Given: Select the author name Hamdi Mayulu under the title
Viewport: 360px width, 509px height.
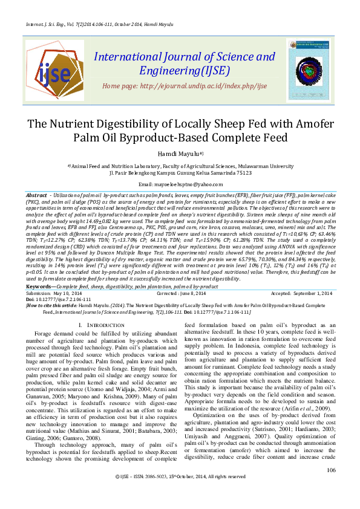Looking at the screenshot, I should [x=178, y=155].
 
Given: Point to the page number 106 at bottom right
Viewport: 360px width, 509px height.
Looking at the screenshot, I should [x=330, y=487].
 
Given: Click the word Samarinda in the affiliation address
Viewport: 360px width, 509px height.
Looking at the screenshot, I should [x=222, y=172].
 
